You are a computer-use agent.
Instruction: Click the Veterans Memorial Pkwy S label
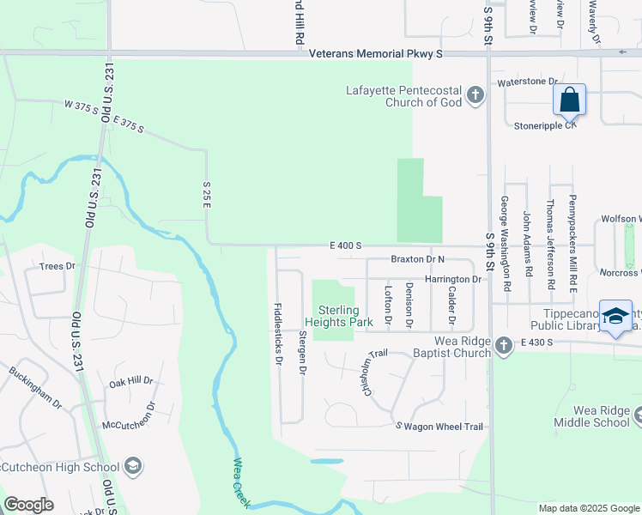tap(376, 53)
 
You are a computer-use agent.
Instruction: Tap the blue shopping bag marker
tap(569, 100)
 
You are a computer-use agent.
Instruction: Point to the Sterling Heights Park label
tap(346, 316)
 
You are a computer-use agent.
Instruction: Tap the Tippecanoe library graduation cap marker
tap(615, 317)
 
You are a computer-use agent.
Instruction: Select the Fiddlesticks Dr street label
tap(278, 334)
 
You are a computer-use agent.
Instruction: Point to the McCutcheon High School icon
tap(132, 467)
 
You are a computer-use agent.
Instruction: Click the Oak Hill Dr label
tap(130, 380)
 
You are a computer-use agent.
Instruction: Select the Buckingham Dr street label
tap(35, 387)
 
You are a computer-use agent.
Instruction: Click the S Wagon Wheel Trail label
tap(439, 427)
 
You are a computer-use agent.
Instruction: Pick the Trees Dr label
tap(58, 266)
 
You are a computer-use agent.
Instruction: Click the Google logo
tap(28, 505)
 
